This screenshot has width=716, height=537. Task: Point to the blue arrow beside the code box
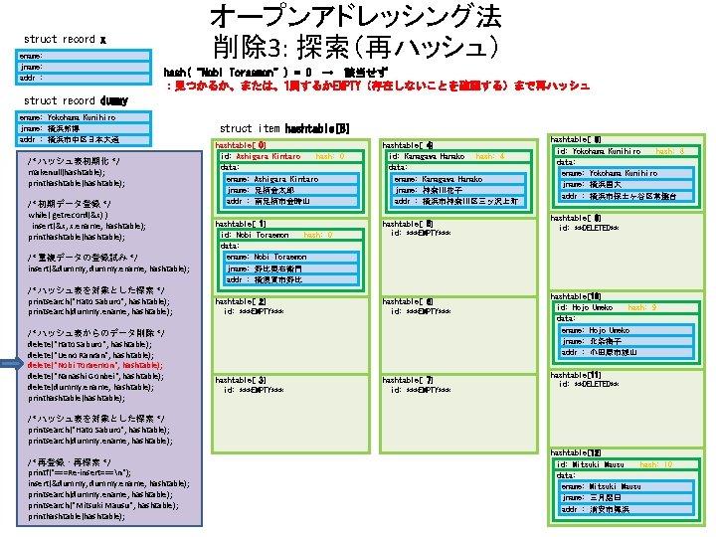(x=11, y=365)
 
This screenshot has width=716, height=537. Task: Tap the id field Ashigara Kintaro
(x=261, y=157)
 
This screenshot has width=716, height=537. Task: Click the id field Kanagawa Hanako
(x=428, y=157)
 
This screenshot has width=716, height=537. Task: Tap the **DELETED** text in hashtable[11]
(x=589, y=384)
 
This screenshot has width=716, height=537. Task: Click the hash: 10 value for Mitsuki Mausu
(x=656, y=464)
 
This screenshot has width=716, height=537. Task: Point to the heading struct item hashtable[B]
(x=284, y=128)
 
